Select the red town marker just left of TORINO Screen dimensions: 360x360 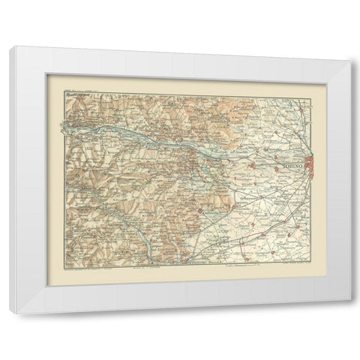point(275,169)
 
